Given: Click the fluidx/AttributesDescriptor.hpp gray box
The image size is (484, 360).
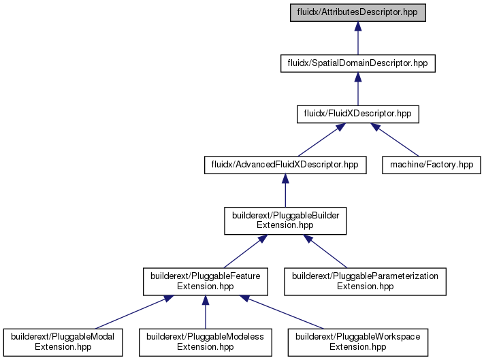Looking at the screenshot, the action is coord(358,13).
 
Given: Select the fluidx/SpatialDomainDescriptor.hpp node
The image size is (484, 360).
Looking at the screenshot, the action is coord(358,63).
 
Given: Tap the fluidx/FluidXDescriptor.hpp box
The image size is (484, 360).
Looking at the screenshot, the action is coord(358,114).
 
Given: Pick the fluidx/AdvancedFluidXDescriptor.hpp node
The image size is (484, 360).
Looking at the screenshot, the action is coord(285,165).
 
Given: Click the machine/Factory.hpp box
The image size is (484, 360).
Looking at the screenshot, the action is coord(432,165).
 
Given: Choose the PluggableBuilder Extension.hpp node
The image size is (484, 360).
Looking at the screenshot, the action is coord(285,221).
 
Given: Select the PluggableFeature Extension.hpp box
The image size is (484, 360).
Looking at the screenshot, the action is coord(206,282).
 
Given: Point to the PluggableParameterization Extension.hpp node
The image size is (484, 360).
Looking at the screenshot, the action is coord(365,282).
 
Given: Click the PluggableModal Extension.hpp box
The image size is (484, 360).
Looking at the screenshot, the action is coord(63,342).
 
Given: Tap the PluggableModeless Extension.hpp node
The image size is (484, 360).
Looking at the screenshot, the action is coord(206,342).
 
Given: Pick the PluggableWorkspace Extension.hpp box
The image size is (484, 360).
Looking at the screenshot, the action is coord(358,342).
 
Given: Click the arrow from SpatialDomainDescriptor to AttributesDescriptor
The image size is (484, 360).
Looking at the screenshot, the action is coord(358,38).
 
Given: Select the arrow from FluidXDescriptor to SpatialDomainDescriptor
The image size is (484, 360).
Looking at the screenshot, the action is coord(358,89).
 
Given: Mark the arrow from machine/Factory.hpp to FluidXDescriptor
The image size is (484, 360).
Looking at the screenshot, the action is coord(395,140).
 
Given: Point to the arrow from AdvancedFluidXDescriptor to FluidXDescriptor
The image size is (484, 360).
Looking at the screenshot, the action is coord(321,140).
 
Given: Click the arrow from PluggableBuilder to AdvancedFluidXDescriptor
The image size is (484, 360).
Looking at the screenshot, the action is coord(285,191).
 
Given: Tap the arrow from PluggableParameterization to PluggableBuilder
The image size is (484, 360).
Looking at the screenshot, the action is coord(325,251).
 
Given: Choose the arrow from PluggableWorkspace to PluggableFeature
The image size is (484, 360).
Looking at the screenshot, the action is coord(282,312).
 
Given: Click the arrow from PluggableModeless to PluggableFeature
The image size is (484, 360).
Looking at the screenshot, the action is coord(206,312).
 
